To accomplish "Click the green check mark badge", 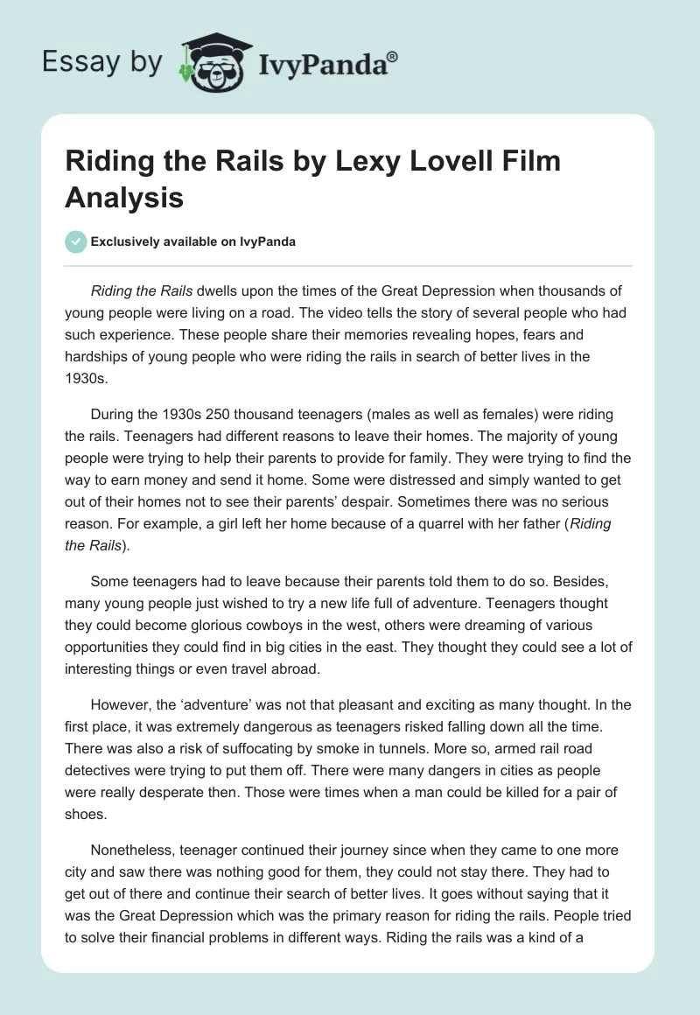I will tap(76, 241).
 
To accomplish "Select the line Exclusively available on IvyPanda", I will tap(192, 241).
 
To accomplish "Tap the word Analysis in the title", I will tap(124, 198).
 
